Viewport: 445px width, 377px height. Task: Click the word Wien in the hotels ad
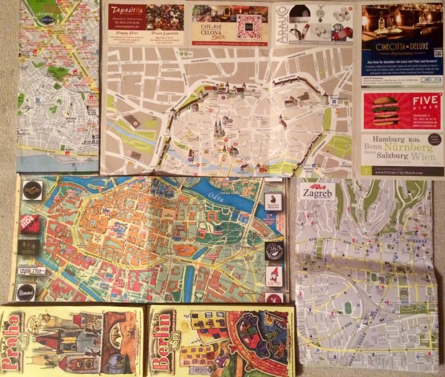424,157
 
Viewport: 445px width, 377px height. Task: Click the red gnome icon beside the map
274,275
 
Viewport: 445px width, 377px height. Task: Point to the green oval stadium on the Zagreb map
350,306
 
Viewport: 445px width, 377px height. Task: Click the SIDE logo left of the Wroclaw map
29,223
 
